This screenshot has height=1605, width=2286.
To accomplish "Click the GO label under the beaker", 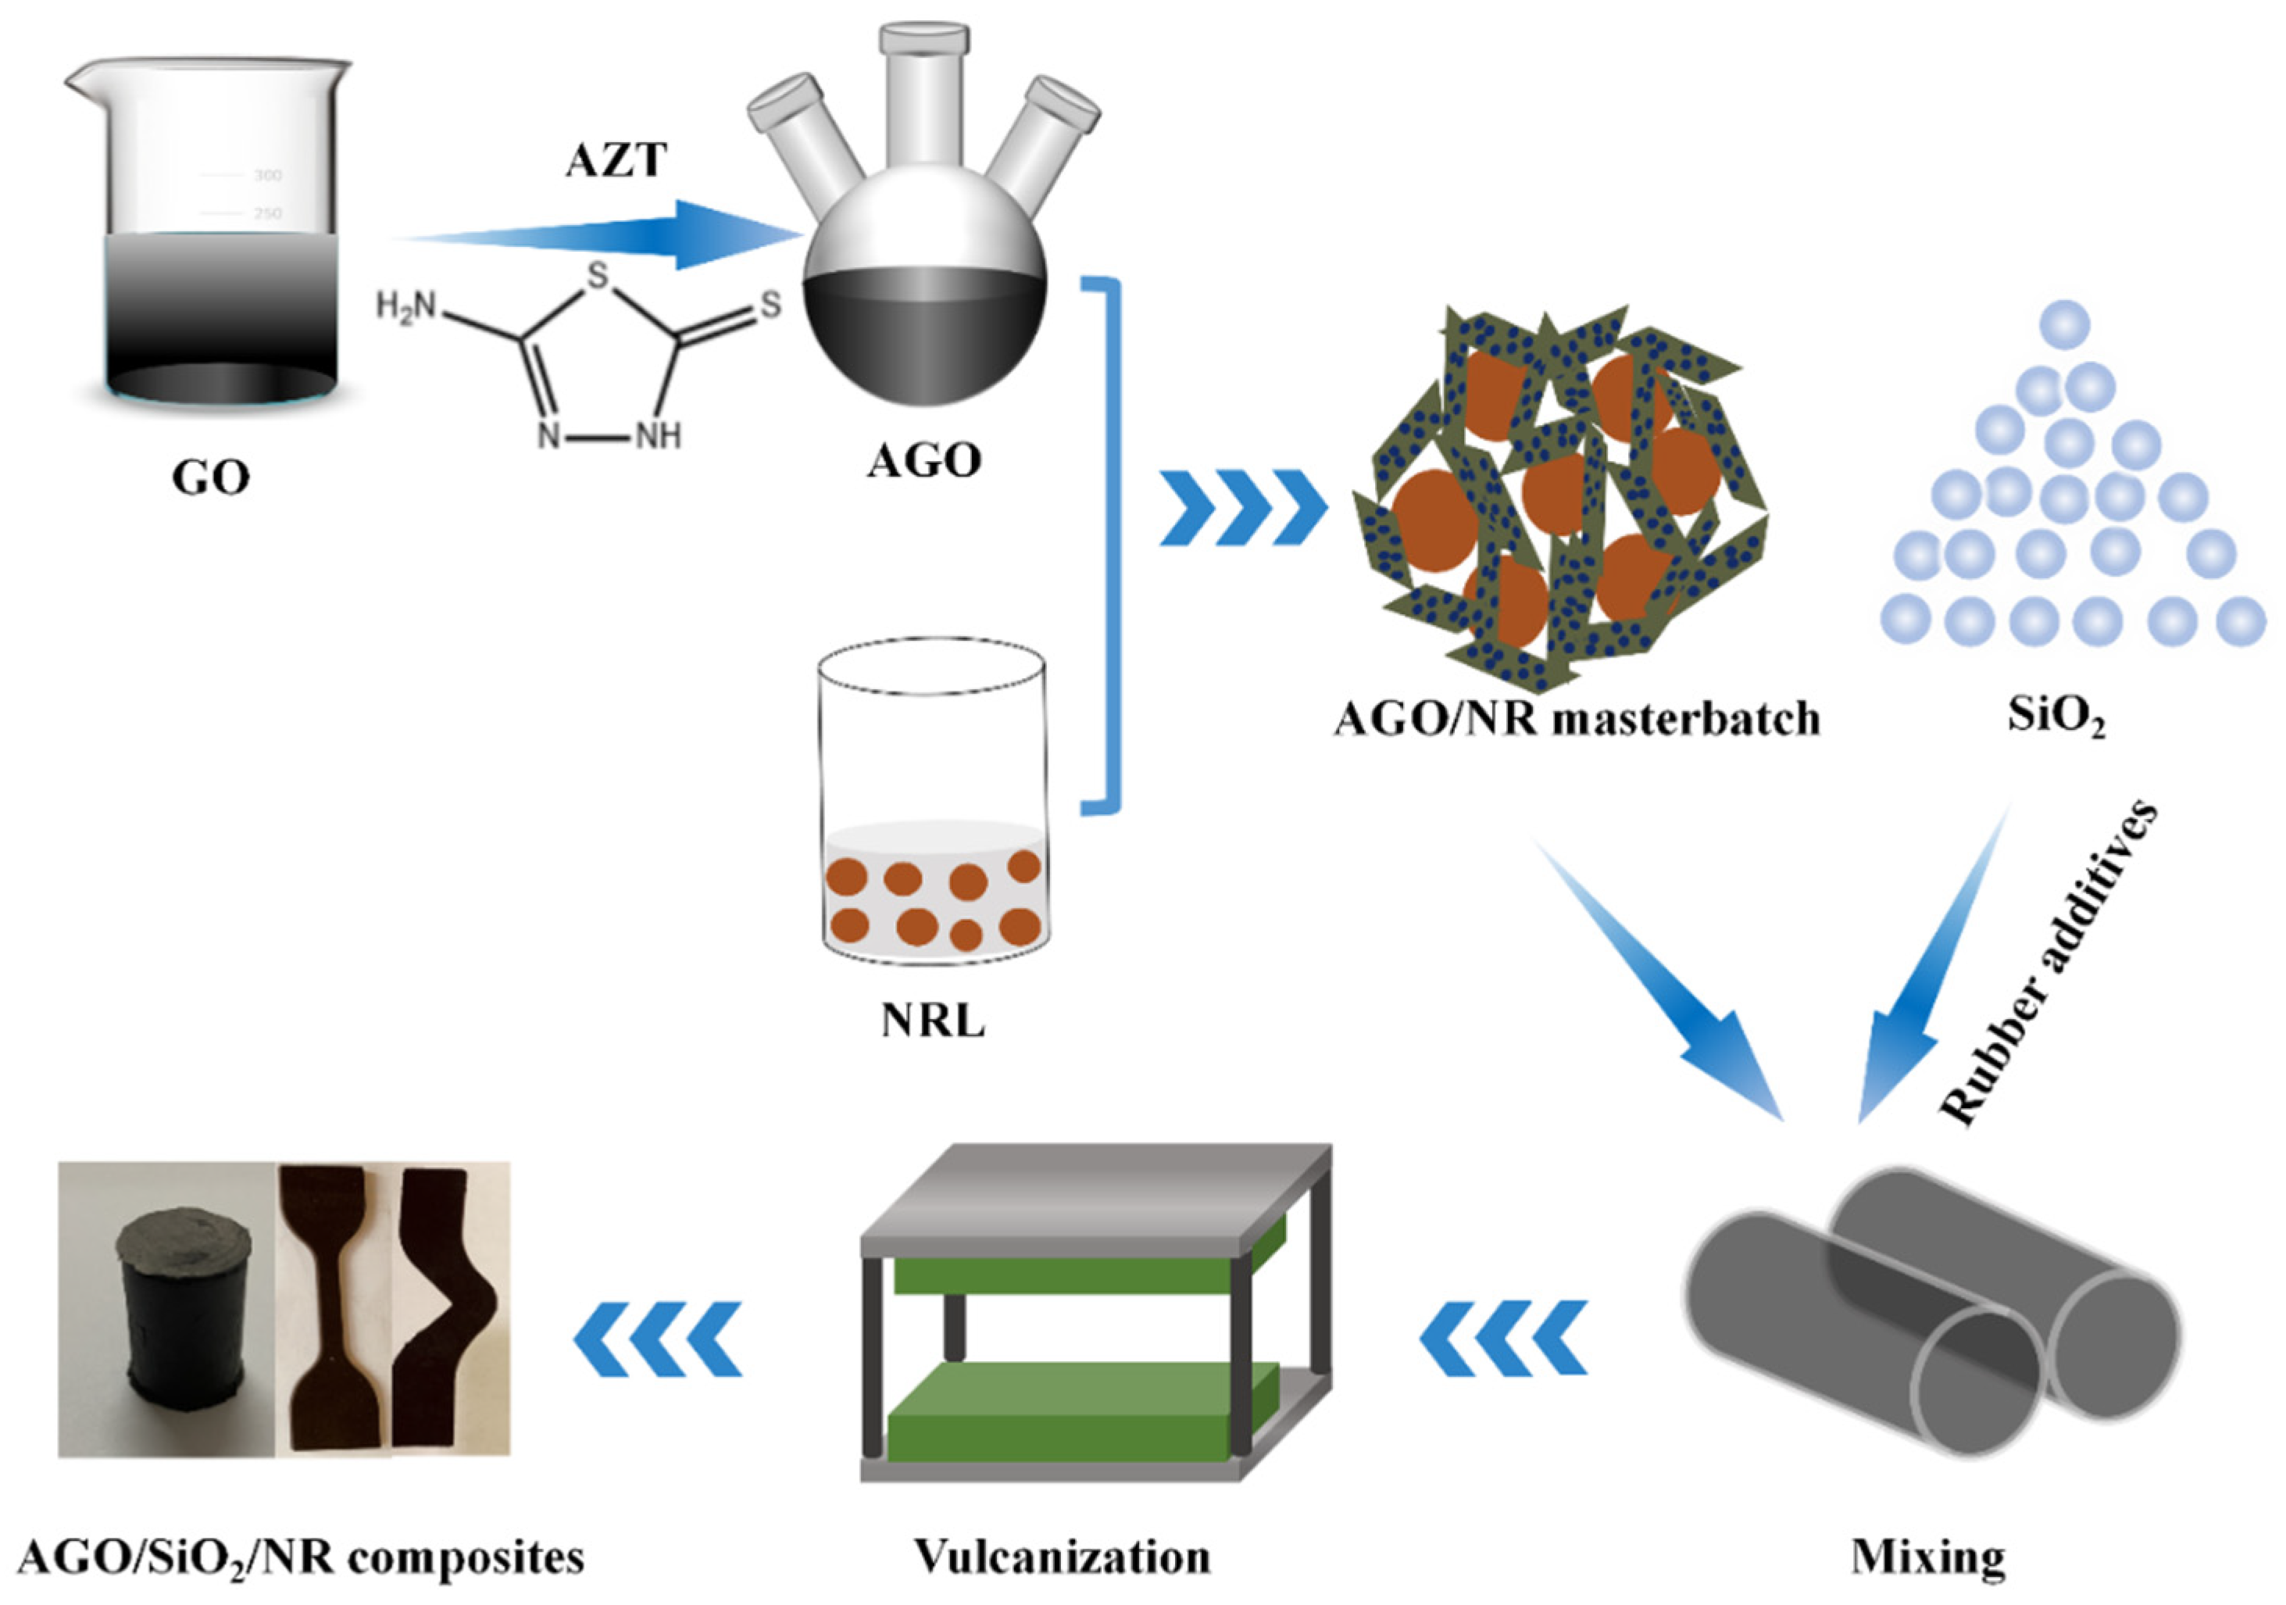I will pos(210,479).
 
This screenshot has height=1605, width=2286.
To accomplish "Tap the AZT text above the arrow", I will pos(616,160).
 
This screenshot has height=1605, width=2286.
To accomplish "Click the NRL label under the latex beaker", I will pos(932,1021).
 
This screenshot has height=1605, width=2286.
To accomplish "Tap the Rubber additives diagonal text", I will pos(2051,965).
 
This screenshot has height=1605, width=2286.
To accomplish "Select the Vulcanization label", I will pos(1063,1557).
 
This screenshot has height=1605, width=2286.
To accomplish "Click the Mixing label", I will pos(1927,1557).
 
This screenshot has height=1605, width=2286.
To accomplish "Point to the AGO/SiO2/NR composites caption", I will pos(301,1557).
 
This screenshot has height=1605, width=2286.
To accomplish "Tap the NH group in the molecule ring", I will pos(658,436).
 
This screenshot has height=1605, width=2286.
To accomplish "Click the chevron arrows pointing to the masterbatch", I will pos(1242,509).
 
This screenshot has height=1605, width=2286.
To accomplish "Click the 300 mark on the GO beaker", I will pos(267,175).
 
